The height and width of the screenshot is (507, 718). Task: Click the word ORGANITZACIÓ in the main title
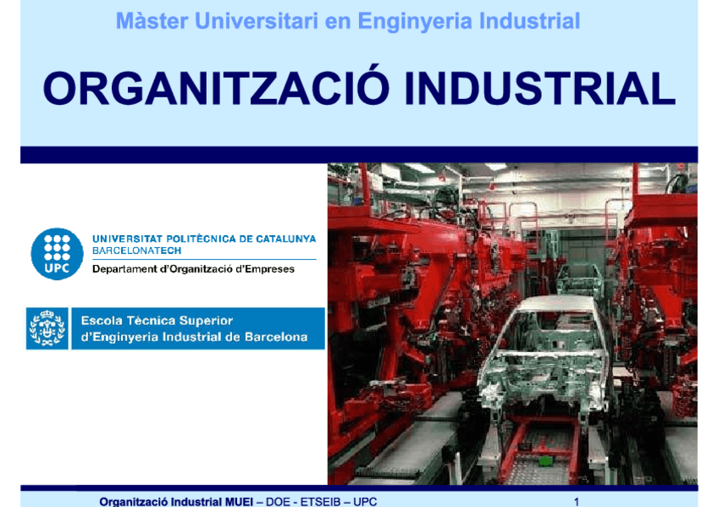tap(217, 89)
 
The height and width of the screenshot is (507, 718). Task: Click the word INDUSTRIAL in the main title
tap(539, 89)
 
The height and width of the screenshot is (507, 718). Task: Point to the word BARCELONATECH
tap(136, 251)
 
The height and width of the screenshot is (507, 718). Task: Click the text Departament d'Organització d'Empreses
tap(193, 269)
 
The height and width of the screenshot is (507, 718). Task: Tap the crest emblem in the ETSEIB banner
tap(47, 328)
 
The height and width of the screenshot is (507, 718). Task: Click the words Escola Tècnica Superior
tap(157, 321)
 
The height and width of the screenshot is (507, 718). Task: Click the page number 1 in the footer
tap(577, 501)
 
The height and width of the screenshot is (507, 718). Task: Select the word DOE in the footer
tap(277, 501)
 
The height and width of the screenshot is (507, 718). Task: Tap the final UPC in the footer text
tap(365, 501)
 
